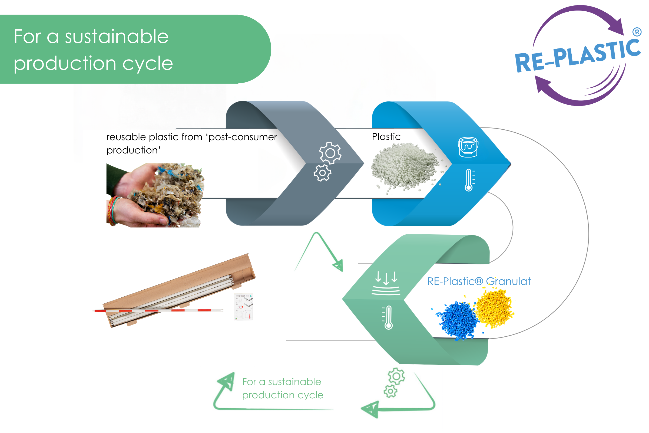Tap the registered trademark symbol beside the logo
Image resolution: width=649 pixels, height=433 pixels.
[x=637, y=32]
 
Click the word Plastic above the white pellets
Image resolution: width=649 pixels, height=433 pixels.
[x=386, y=137]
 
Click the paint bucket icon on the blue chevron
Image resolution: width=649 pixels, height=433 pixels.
[x=468, y=147]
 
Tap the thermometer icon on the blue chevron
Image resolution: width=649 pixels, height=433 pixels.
[x=469, y=180]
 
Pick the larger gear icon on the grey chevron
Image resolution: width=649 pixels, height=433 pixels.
[x=330, y=153]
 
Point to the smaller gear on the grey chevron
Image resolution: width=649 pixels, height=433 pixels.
[x=322, y=173]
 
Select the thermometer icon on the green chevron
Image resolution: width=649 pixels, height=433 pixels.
[x=388, y=317]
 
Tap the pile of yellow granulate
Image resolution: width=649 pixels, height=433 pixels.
[x=495, y=308]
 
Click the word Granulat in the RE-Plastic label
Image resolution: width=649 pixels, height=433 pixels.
[x=508, y=281]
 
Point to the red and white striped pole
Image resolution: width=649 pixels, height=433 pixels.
[x=158, y=310]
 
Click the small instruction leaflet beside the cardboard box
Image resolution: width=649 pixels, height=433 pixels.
[x=243, y=307]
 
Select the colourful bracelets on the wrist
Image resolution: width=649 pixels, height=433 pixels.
[x=113, y=211]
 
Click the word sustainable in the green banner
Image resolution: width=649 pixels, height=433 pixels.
[x=117, y=37]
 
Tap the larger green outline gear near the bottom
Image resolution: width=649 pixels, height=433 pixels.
[x=396, y=376]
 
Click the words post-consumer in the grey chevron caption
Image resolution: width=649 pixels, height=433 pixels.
[x=243, y=137]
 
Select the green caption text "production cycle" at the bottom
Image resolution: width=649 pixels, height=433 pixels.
[x=283, y=395]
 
